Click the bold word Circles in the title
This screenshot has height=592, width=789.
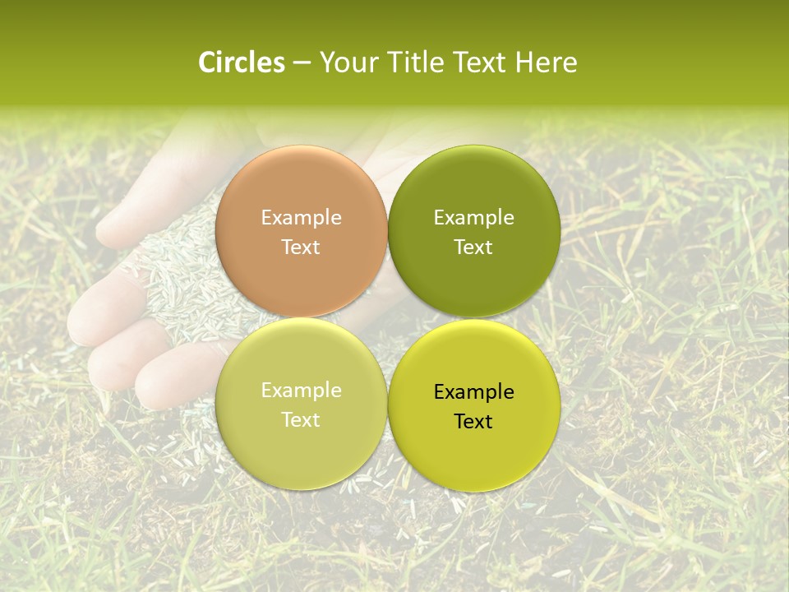pos(241,62)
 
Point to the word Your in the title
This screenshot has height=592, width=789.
pos(346,62)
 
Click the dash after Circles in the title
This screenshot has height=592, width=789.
pos(302,63)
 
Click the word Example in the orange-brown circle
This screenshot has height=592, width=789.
pos(301,218)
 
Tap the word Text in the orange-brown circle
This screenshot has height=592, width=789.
pos(301,247)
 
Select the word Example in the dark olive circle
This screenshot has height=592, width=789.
pos(473,218)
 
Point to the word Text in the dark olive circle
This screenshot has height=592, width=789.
pos(473,247)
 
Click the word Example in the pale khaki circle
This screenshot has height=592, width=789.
pos(301,391)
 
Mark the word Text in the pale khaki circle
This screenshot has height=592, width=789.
pos(301,420)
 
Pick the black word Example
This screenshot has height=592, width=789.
pos(473,392)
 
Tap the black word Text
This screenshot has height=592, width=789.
pos(473,422)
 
